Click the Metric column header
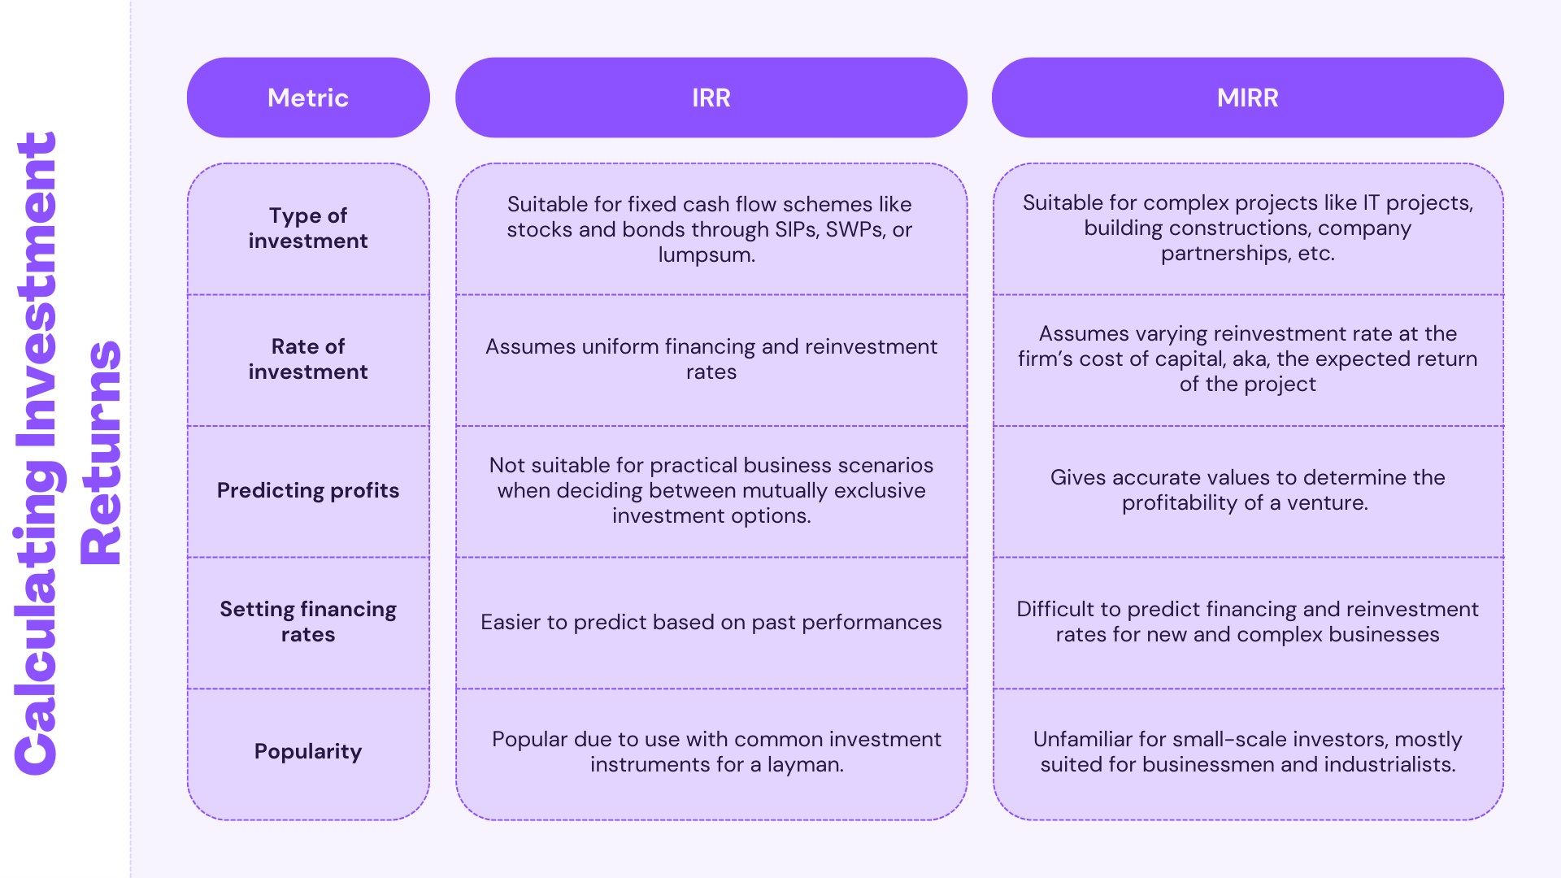[308, 98]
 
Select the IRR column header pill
[711, 98]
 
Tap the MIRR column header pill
[1247, 98]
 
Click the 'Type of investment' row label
[308, 228]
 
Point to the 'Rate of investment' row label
[308, 359]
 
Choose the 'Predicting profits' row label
[308, 490]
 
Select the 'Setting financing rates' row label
[308, 622]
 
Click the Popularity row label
[308, 751]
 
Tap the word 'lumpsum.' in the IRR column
[707, 255]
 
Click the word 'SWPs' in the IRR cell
[855, 230]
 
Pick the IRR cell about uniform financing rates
[711, 359]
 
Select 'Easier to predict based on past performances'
[711, 623]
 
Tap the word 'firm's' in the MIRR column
[1045, 359]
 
